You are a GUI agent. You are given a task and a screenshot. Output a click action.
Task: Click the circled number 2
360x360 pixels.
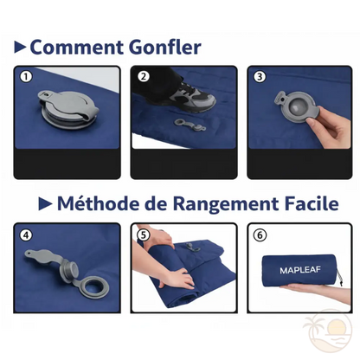(144, 75)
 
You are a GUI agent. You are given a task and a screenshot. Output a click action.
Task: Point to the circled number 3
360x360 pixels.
(259, 75)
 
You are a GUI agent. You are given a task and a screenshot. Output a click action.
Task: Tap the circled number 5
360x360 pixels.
(144, 234)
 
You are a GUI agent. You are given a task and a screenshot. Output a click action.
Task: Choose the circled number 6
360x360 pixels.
(259, 234)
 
